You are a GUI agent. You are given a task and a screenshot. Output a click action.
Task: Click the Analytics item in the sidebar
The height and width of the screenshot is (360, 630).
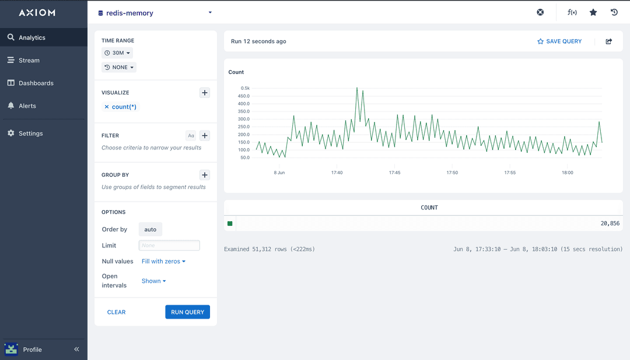pos(32,37)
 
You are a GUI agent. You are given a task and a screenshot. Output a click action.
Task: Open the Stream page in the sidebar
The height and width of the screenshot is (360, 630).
pos(29,60)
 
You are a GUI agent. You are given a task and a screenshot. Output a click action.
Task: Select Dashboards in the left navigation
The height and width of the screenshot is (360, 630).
pos(36,83)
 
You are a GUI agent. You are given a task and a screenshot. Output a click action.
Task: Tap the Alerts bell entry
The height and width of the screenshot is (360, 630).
pos(27,106)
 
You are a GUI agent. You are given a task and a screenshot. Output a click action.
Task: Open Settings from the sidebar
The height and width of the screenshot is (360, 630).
pos(30,133)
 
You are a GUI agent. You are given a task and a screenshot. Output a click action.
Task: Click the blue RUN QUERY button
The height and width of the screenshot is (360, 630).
pos(187,312)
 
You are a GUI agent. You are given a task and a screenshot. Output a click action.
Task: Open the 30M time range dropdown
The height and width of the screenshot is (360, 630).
pos(117,53)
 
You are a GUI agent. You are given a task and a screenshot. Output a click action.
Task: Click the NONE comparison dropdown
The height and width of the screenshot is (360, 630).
pos(119,67)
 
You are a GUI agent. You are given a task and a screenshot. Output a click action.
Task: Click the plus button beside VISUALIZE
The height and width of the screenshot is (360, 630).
pos(205,93)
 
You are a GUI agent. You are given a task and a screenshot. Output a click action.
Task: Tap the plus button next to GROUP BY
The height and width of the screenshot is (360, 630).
pos(205,175)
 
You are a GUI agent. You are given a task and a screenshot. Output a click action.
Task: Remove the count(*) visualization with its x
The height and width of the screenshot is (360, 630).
pos(106,107)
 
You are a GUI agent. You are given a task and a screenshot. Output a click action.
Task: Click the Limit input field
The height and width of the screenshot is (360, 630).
pos(169,246)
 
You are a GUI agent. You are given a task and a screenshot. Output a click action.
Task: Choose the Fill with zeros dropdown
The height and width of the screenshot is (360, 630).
pos(163,261)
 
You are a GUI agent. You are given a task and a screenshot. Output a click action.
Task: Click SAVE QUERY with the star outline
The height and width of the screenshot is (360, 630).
pos(559,41)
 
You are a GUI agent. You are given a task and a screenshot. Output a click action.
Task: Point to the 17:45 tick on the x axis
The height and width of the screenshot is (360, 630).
pos(394,173)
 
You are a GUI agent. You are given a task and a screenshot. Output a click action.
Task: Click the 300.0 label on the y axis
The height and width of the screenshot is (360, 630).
pos(243,119)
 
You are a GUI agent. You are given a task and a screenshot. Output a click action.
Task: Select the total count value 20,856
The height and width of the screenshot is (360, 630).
pos(610,223)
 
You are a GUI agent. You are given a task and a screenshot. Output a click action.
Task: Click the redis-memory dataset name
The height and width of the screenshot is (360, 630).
pos(129,13)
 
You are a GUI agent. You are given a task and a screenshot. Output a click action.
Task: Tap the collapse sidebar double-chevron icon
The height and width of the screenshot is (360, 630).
pos(76,349)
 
